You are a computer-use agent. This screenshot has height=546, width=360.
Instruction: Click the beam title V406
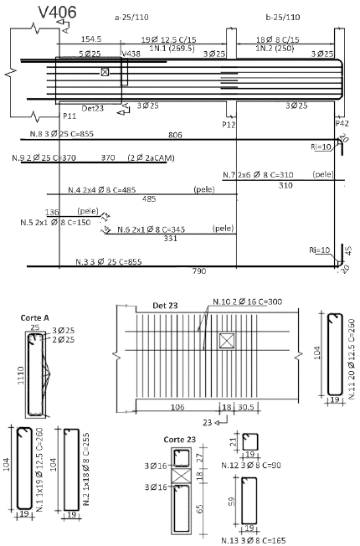57,13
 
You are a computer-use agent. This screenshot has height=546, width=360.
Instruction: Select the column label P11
69,116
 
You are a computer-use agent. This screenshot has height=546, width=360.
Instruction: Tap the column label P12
229,124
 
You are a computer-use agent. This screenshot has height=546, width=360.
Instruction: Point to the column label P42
342,123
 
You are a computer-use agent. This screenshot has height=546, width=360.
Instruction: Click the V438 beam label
131,54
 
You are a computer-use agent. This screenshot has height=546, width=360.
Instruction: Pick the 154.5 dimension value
91,39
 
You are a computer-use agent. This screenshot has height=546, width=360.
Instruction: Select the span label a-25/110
131,17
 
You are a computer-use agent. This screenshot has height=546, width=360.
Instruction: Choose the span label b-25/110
283,17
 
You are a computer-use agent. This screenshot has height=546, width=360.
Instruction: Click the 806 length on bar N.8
175,135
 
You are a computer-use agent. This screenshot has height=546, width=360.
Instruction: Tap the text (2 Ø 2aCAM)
151,157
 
